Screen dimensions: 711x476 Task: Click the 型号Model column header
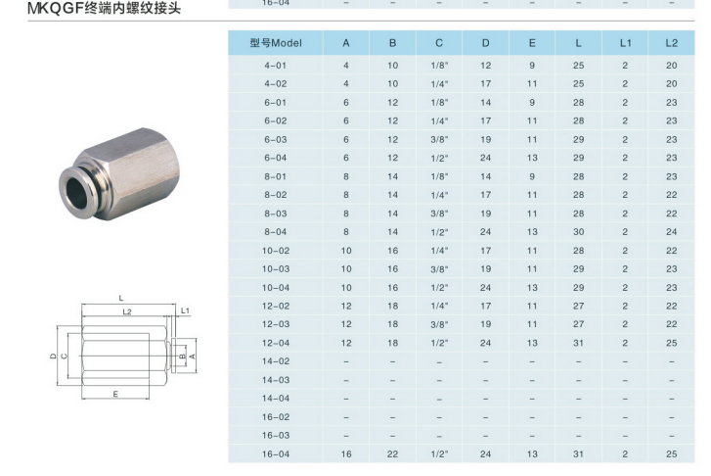point(276,43)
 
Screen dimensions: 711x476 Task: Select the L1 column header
point(625,43)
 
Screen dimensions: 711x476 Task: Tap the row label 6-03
point(276,139)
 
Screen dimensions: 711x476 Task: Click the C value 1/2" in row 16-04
point(439,454)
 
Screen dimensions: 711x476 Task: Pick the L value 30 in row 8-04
point(579,232)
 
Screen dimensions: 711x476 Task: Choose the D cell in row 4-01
point(486,66)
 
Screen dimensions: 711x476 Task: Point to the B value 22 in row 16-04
point(393,454)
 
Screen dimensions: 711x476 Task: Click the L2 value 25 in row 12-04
point(672,343)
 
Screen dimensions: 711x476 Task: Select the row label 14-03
point(276,380)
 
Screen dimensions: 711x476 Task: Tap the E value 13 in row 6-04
point(532,158)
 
